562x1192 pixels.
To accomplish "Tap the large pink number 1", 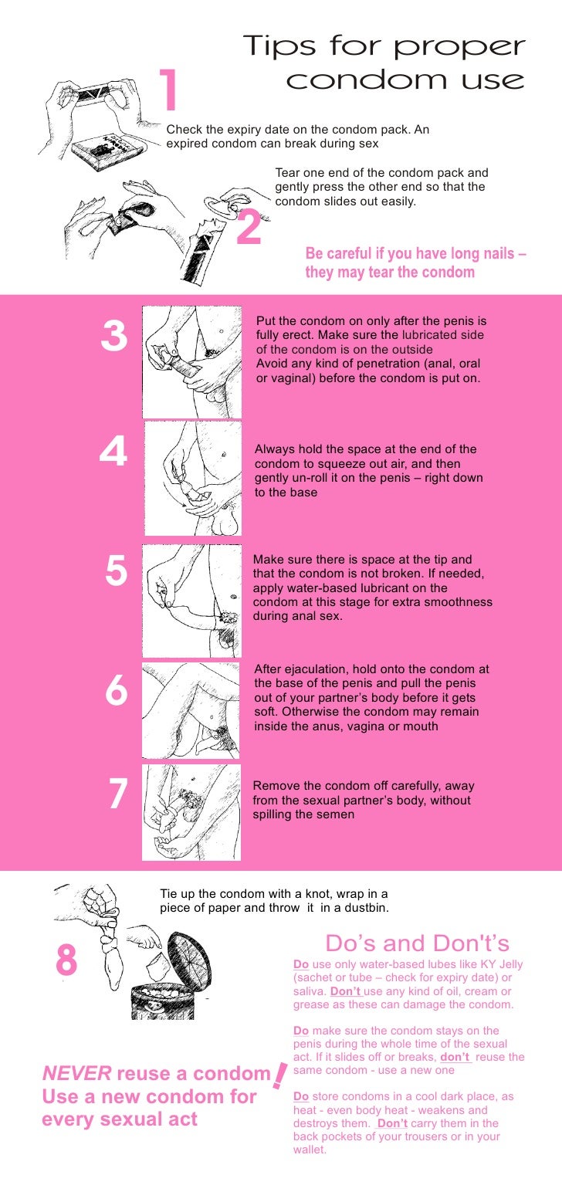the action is click(x=169, y=89).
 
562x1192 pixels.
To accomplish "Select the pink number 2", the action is click(x=249, y=227).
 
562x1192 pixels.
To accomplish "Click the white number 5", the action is click(x=117, y=570).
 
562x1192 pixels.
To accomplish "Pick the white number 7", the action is click(x=118, y=794).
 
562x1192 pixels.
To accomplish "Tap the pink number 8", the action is click(x=66, y=960).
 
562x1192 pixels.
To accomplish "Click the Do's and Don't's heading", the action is click(x=417, y=943).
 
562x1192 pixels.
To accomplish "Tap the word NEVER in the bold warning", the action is click(x=76, y=1073).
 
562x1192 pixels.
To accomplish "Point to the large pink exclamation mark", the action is click(x=279, y=1075).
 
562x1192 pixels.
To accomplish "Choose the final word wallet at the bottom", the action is click(x=310, y=1150).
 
